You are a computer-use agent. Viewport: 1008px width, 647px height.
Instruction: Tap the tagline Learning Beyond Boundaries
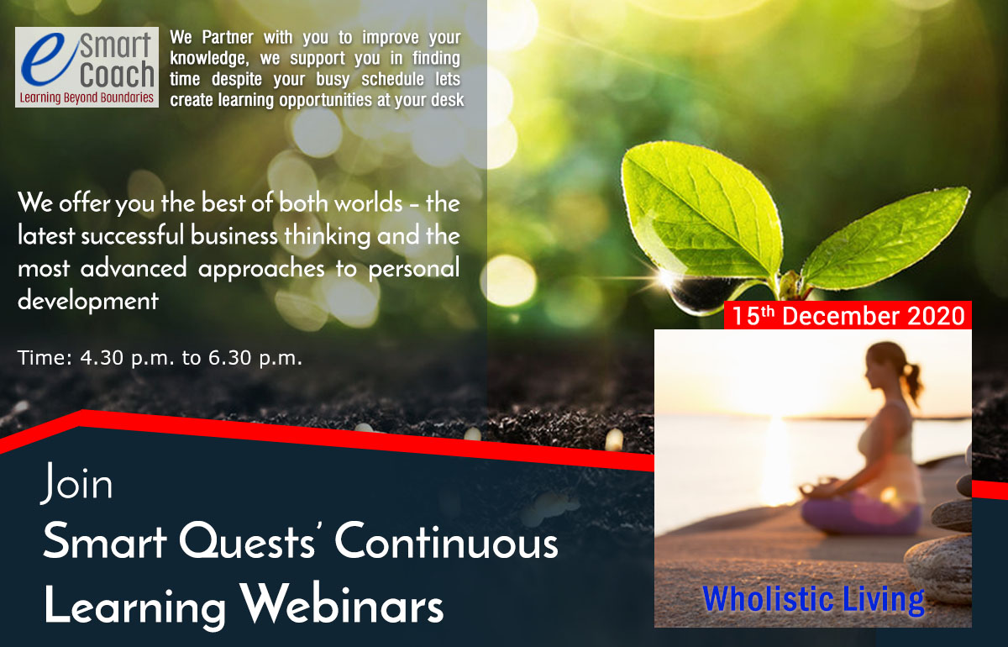(87, 97)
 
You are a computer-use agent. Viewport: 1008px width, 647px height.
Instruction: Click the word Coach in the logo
(117, 74)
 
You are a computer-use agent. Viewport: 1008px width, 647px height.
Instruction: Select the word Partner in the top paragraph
(228, 38)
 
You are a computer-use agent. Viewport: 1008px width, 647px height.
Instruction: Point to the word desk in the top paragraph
(447, 99)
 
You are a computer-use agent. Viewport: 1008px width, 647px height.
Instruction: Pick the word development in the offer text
(88, 301)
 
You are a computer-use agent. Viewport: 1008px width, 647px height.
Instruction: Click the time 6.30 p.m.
(255, 359)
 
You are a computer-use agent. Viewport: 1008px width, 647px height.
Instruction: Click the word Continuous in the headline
(446, 542)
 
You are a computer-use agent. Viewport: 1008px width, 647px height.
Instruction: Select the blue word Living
(884, 601)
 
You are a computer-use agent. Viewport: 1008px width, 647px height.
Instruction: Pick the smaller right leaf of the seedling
(885, 239)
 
